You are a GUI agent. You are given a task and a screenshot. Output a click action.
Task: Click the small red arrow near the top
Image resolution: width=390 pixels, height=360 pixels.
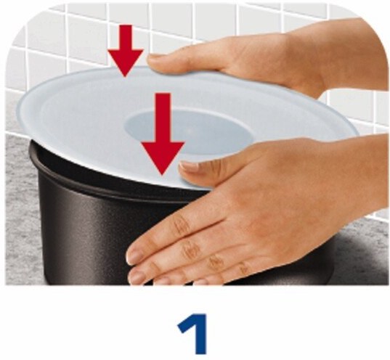126,50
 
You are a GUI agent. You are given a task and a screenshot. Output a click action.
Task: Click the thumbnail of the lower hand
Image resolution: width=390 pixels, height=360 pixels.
189,166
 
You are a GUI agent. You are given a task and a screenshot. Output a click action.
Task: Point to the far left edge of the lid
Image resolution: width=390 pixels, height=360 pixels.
17,110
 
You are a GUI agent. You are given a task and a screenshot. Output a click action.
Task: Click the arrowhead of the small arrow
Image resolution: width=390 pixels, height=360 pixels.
126,62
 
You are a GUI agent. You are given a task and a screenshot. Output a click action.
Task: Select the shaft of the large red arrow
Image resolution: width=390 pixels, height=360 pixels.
163,118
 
